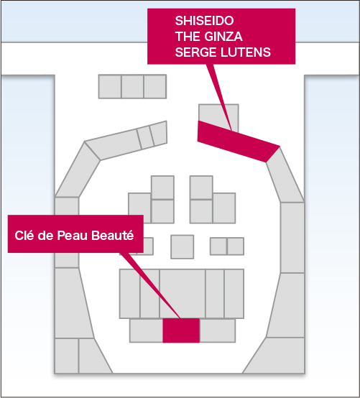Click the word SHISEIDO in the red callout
click(204, 21)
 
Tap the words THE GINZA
click(208, 37)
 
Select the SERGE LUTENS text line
click(223, 52)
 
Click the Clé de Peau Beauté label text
click(74, 235)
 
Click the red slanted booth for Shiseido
click(238, 141)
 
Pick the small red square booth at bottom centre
click(181, 330)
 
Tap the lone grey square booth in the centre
click(183, 246)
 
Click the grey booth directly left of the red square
click(147, 330)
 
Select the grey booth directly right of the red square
click(218, 330)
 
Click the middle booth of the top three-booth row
click(132, 86)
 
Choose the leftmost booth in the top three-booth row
click(110, 86)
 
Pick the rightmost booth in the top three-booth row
click(155, 86)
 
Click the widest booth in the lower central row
click(183, 294)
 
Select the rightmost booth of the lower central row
click(234, 294)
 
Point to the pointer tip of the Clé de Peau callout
click(180, 318)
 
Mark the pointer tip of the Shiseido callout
click(231, 130)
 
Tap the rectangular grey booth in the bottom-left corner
click(67, 356)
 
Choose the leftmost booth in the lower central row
click(130, 294)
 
